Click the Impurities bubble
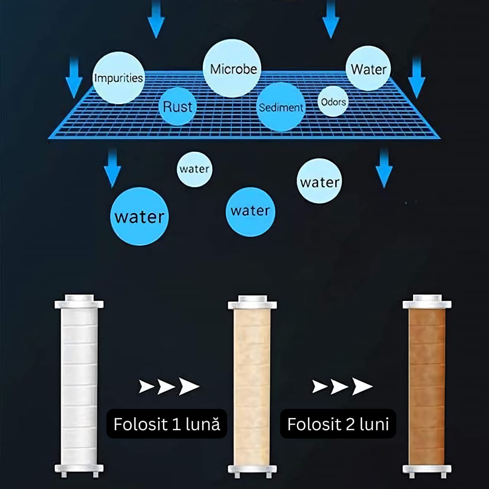119,78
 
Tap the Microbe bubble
232,68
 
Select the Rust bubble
178,107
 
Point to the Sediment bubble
281,107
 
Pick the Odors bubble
333,101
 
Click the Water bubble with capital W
369,69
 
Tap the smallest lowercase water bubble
194,169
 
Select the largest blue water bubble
139,216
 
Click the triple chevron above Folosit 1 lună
168,386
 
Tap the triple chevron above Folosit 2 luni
342,386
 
